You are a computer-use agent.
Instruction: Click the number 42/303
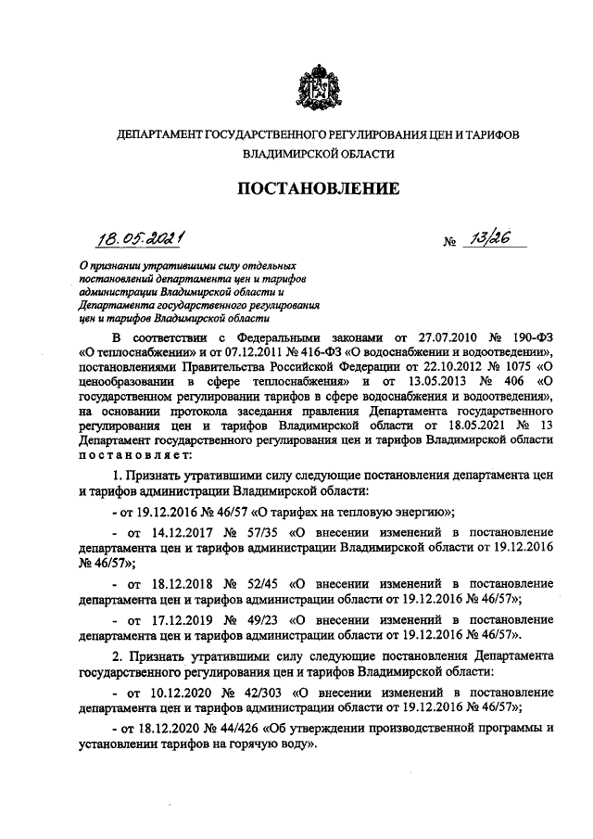(x=271, y=693)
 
